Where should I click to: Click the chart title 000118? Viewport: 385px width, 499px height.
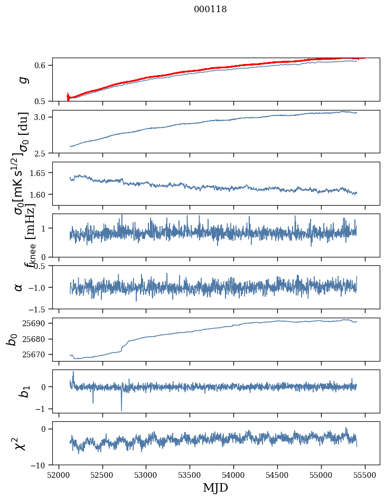pos(210,10)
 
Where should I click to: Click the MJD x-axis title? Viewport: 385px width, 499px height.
pos(215,487)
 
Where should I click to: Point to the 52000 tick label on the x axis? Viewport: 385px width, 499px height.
pos(59,475)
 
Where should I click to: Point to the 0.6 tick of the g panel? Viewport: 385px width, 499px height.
pos(41,65)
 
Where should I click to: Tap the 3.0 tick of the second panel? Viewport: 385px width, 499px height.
pos(41,117)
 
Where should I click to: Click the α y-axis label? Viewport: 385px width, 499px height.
pos(19,287)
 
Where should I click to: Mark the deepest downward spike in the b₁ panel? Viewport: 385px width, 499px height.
pos(121,410)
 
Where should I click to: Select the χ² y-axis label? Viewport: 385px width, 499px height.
pos(20,443)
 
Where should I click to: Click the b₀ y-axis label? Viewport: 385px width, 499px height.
pos(12,339)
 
